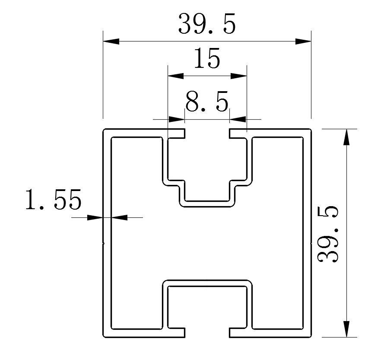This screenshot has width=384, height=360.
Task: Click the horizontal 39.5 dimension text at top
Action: pyautogui.click(x=207, y=24)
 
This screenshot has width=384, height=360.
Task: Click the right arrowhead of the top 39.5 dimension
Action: pyautogui.click(x=303, y=41)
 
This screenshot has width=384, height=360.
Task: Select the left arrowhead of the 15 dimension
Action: pyautogui.click(x=175, y=76)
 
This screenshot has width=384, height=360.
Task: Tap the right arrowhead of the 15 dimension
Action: pyautogui.click(x=238, y=76)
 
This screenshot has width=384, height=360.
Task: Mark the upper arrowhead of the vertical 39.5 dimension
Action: pyautogui.click(x=346, y=137)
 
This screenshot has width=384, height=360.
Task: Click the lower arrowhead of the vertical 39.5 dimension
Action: pyautogui.click(x=346, y=328)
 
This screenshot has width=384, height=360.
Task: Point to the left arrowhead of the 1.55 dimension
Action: pyautogui.click(x=95, y=217)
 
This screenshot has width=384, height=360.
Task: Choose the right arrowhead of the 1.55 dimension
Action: pyautogui.click(x=120, y=217)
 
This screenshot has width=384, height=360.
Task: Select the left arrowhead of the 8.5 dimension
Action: pyautogui.click(x=176, y=119)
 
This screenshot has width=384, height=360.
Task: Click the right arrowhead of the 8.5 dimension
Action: pyautogui.click(x=238, y=119)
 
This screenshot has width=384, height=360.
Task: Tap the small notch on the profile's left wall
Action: pyautogui.click(x=104, y=243)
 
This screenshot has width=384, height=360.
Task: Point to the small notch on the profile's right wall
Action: pyautogui.click(x=311, y=243)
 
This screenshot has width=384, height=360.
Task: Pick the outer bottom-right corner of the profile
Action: pyautogui.click(x=311, y=337)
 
